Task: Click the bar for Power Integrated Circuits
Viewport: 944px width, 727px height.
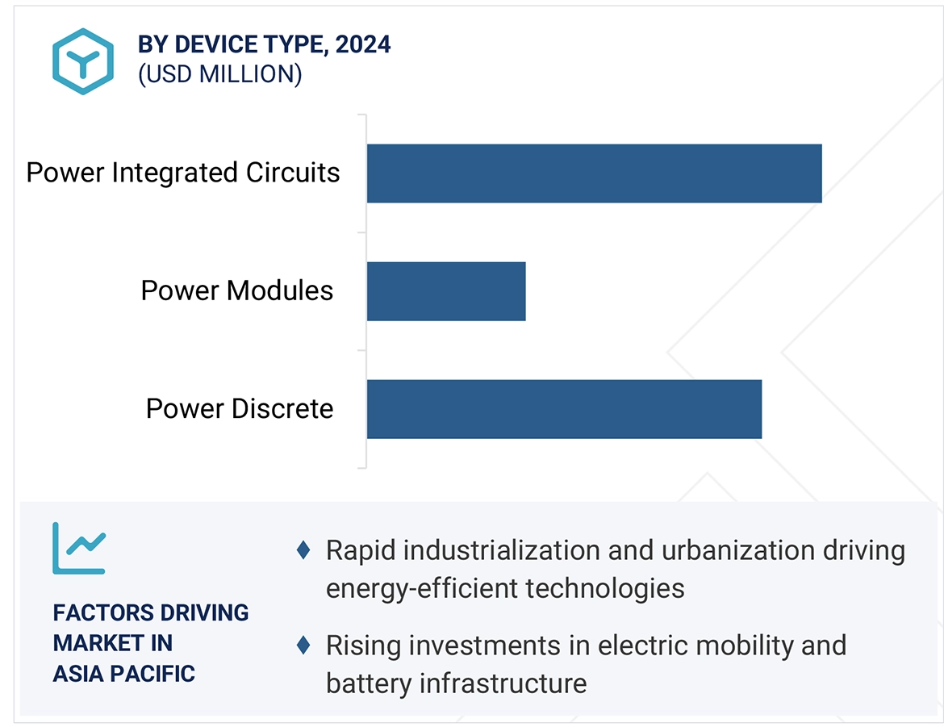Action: [x=594, y=173]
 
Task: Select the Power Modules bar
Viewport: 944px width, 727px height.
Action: [x=446, y=291]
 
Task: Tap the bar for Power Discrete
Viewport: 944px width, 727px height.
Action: [x=564, y=409]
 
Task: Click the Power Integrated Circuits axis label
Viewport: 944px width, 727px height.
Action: [x=183, y=173]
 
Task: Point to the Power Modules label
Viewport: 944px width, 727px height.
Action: [x=236, y=290]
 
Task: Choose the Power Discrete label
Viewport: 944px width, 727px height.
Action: [x=239, y=408]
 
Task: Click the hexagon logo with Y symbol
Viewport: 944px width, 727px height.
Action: [x=83, y=61]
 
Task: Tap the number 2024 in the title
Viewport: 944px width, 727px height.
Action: [x=363, y=44]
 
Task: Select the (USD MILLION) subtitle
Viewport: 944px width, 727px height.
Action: [x=219, y=74]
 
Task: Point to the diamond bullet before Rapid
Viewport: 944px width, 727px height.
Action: [x=303, y=550]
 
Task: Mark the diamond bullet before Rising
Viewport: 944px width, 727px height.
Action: [x=303, y=645]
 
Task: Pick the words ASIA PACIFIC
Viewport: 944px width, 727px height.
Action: [x=123, y=673]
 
